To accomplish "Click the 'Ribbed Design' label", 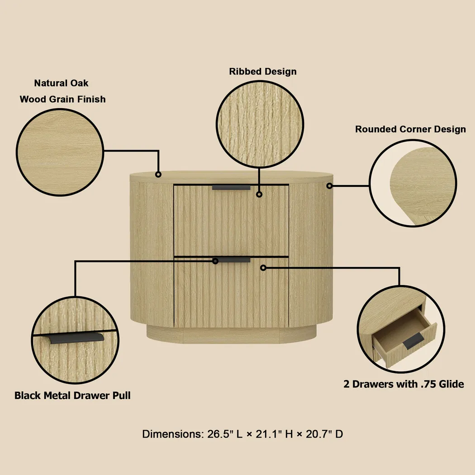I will click(262, 71).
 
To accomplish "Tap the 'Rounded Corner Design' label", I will click(410, 129).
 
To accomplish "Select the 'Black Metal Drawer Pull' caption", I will click(72, 395).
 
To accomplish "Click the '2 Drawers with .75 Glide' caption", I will click(404, 384).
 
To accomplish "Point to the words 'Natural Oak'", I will click(61, 83).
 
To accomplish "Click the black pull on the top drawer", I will click(231, 187).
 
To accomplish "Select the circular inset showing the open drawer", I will click(400, 329).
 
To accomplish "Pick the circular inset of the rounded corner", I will click(413, 183).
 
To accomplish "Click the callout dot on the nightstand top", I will click(158, 174).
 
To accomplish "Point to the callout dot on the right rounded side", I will click(329, 185).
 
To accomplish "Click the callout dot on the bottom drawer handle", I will click(216, 261).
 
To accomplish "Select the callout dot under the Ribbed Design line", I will click(259, 194).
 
